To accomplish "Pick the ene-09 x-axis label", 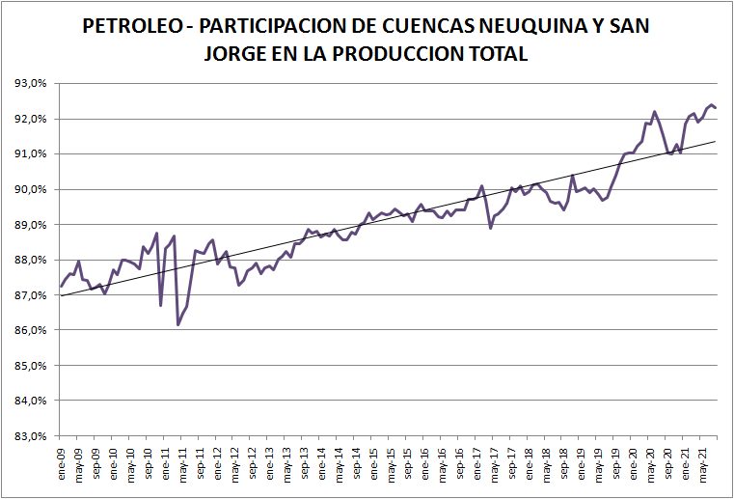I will click(61, 462).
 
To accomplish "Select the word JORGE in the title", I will click(237, 54).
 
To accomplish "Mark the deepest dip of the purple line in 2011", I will click(178, 325).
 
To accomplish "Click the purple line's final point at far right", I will click(716, 108).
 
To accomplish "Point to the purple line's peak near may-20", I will click(654, 112).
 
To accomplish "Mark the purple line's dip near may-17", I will click(491, 228).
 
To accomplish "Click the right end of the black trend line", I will click(716, 141).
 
